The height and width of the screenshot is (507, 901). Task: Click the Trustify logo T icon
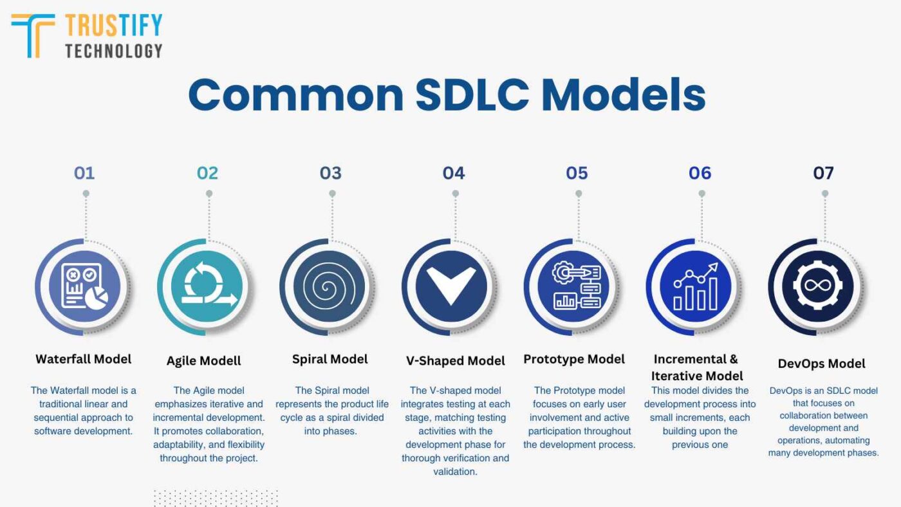[x=32, y=35]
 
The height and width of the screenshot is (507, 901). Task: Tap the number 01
[x=84, y=173]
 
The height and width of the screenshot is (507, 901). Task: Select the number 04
[x=454, y=173]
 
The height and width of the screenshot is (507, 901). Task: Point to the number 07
[x=823, y=173]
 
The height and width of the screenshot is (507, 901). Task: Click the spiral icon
[x=330, y=286]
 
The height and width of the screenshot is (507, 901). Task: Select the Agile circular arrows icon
[x=207, y=286]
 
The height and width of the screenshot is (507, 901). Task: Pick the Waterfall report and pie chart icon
[x=84, y=286]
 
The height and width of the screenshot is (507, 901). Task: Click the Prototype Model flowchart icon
[x=577, y=286]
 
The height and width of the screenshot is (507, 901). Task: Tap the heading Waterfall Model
[x=84, y=359]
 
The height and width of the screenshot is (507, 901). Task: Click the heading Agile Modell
[x=204, y=361]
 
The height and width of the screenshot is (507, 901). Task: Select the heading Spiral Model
[x=330, y=359]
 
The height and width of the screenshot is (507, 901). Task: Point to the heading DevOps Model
[x=822, y=364]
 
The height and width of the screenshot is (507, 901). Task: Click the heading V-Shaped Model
[x=456, y=361]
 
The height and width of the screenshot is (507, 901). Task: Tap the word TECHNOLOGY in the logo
[x=113, y=51]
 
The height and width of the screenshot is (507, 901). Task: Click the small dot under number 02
[x=209, y=194]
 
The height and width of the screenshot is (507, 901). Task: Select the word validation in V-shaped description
[x=455, y=472]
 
